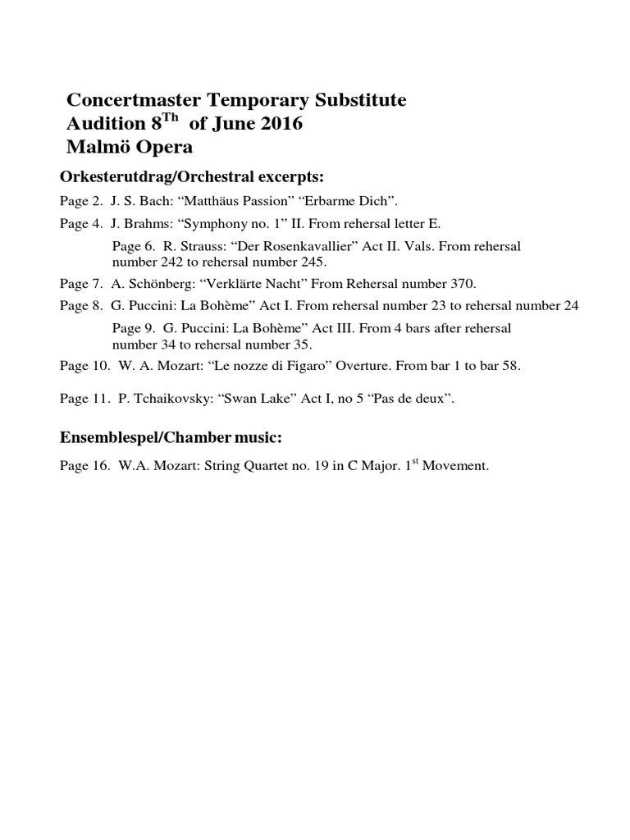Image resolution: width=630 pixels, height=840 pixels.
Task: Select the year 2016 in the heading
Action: point(279,125)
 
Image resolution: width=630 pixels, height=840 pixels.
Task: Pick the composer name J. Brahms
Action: point(139,222)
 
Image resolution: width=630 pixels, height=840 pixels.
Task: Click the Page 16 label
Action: point(84,466)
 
